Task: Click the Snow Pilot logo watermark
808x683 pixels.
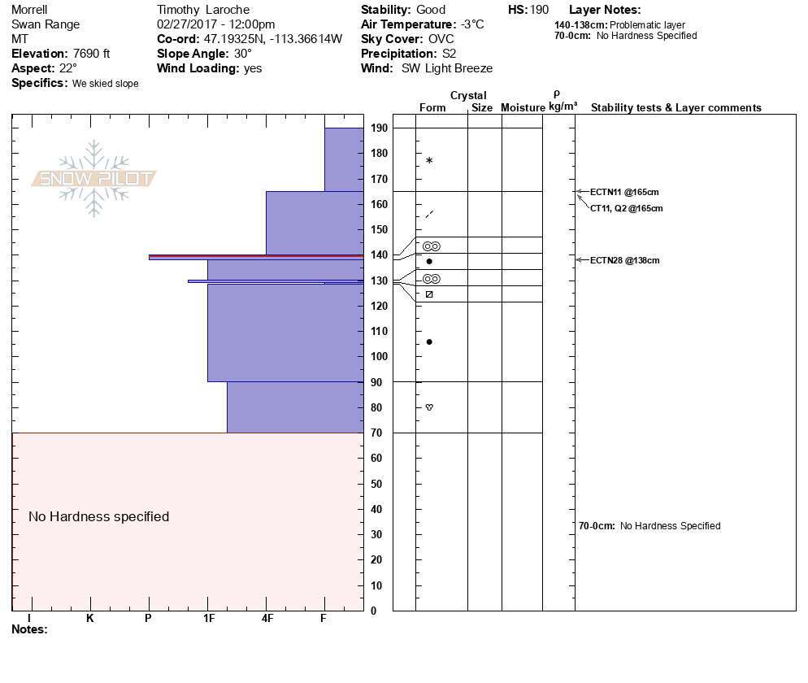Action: coord(94,179)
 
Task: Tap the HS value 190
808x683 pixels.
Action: coord(540,10)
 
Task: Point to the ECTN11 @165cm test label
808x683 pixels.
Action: coord(624,192)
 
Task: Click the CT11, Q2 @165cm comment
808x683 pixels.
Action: coord(626,208)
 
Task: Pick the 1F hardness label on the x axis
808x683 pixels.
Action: coord(208,619)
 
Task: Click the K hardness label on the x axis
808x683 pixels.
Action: coord(90,619)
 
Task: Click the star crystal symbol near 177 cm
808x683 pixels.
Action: coord(429,161)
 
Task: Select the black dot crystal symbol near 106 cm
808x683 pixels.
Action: coord(429,341)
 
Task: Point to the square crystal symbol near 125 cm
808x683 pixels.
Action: coord(429,294)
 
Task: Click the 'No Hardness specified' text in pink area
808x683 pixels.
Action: coord(98,517)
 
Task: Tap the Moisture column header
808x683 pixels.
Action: coord(523,108)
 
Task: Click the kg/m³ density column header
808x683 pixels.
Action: coord(563,107)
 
